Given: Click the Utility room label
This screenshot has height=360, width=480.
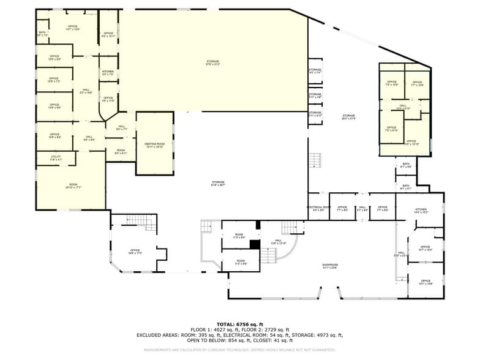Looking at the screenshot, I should point(56,159).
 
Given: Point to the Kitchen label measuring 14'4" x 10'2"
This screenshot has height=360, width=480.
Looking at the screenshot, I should point(421,211).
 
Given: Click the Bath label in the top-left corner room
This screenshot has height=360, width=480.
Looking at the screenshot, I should point(42,34).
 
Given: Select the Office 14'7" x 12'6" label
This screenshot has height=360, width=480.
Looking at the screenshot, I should point(73,28).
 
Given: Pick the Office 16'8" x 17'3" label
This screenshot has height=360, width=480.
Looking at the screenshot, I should point(135,252).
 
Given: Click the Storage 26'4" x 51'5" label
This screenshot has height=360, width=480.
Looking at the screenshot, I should point(348,117).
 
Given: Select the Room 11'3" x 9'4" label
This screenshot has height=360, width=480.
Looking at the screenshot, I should point(239,236).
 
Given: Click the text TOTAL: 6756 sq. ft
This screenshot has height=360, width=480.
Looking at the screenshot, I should point(239,324).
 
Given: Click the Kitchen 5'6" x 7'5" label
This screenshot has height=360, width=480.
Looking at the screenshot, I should point(108,73).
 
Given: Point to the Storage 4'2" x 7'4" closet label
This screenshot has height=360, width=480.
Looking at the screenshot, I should point(315,71).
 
